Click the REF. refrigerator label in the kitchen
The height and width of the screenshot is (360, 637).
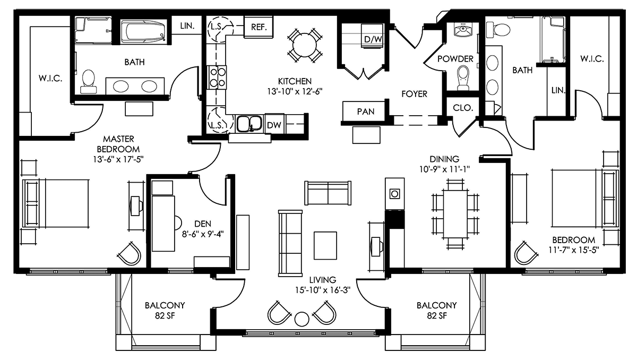259,27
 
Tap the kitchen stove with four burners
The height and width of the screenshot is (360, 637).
218,78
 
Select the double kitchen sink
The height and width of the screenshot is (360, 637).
249,124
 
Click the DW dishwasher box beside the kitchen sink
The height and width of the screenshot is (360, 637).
274,124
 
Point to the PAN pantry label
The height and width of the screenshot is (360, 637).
366,112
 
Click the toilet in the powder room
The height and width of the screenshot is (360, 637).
463,78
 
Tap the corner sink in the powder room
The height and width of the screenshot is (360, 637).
463,30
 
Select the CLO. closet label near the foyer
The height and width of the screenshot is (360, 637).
463,108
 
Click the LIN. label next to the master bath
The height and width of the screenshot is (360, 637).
187,26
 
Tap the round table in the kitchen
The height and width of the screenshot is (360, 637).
304,46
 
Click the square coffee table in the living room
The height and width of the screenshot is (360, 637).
325,245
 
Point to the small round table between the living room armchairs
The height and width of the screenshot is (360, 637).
302,319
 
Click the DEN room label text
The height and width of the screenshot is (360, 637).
203,224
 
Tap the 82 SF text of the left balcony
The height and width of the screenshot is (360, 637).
165,315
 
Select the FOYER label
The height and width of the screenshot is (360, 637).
415,94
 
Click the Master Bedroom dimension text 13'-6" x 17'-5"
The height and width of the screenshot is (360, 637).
118,159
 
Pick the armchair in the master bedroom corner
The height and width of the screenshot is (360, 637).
130,254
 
